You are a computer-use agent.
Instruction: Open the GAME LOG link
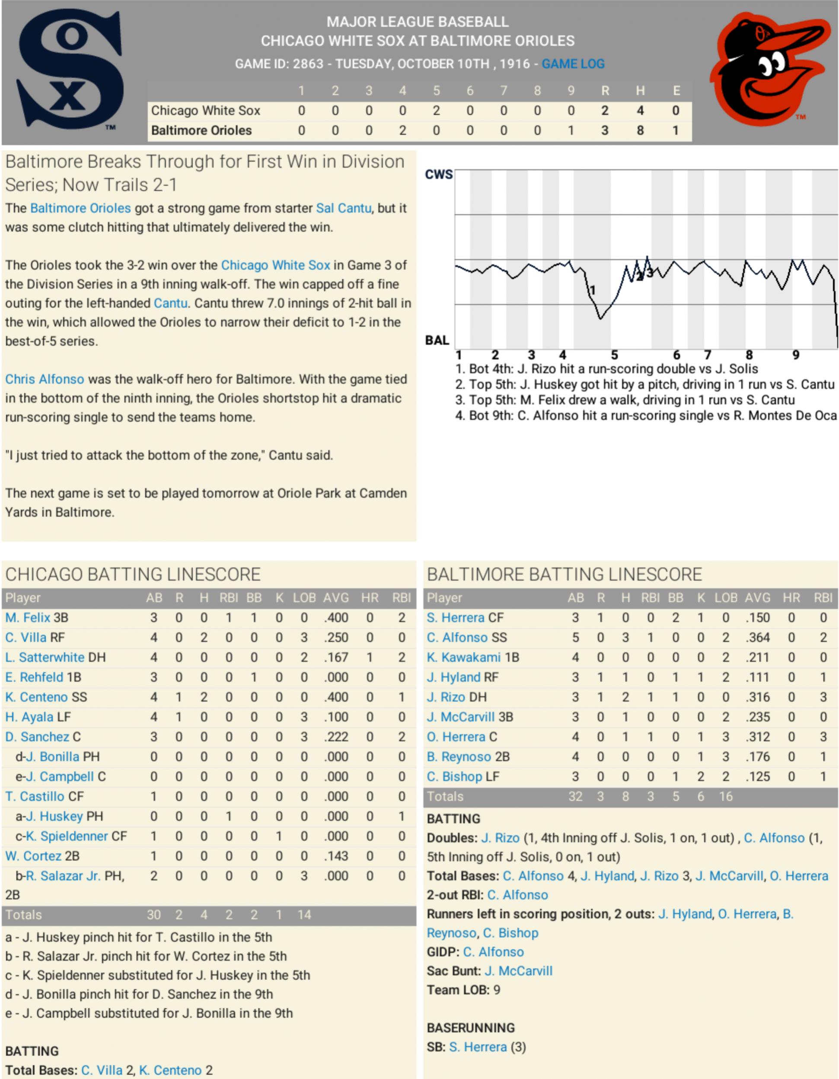tap(573, 64)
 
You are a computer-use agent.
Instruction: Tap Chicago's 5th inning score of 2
tap(436, 111)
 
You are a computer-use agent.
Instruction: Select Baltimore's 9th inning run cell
tap(571, 130)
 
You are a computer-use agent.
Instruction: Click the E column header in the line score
tap(676, 90)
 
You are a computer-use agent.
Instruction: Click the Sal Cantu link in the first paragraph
tap(343, 208)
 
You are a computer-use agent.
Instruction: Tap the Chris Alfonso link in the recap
tap(45, 379)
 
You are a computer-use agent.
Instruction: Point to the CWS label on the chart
tap(438, 175)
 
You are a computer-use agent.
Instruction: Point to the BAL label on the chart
tap(437, 341)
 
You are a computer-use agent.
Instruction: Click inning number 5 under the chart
tap(614, 355)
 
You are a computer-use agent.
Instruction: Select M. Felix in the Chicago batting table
tap(28, 617)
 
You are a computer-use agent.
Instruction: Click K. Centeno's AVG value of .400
tap(335, 697)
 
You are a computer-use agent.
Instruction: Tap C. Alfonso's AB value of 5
tap(575, 638)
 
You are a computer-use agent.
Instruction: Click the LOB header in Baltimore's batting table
tap(725, 598)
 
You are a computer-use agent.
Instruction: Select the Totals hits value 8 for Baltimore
tap(625, 796)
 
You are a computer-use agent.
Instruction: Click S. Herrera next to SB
tap(477, 1047)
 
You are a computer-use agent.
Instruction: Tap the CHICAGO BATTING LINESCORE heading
tap(133, 574)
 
